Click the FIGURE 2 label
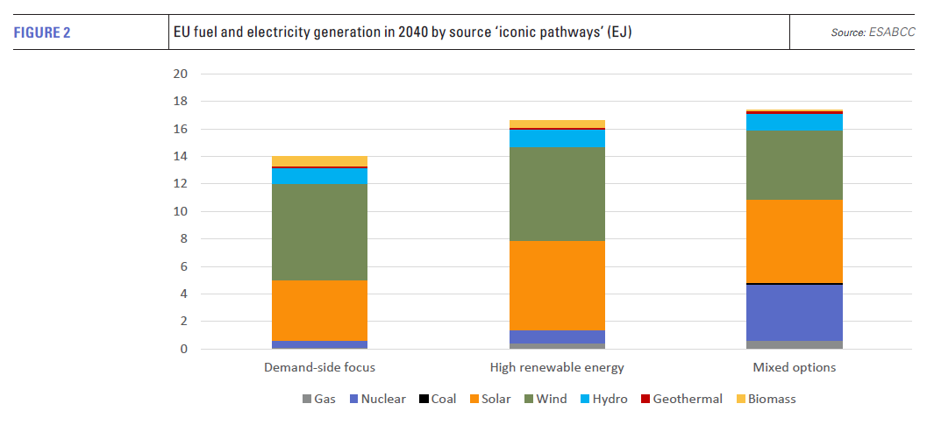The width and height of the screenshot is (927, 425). click(41, 33)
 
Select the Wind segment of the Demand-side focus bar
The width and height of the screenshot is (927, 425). click(319, 232)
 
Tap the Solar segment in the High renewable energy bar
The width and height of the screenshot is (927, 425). click(557, 286)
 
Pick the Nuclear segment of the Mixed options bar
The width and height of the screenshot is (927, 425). click(795, 312)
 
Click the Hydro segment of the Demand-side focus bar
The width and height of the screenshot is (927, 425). click(319, 176)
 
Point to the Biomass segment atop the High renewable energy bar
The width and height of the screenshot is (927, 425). click(557, 124)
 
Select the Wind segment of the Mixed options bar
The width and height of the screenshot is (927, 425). click(795, 166)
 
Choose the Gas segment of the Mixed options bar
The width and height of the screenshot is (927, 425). click(795, 344)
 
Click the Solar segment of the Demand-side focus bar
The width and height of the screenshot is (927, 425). click(319, 310)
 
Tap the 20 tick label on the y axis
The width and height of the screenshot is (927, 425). click(181, 74)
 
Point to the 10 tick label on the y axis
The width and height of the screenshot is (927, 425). click(181, 212)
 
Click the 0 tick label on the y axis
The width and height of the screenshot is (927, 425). click(184, 350)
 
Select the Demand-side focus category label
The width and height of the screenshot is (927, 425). click(319, 367)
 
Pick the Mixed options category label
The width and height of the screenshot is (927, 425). click(795, 367)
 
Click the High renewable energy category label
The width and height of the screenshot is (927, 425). click(557, 367)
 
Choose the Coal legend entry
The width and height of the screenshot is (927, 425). click(438, 400)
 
